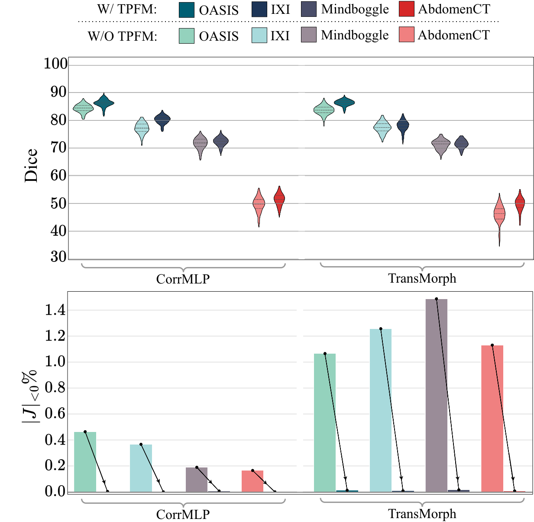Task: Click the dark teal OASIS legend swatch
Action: (x=186, y=10)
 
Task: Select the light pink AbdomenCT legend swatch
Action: (x=406, y=35)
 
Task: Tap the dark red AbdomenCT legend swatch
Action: (x=406, y=9)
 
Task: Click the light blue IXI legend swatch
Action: (x=259, y=35)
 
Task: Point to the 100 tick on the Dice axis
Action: (x=56, y=64)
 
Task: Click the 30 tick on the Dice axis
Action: (x=58, y=257)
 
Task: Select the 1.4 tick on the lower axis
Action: (x=55, y=310)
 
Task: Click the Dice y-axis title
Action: (x=31, y=165)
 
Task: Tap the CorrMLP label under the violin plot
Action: (x=183, y=279)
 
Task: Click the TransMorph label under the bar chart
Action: (x=422, y=513)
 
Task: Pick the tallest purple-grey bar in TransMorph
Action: (x=436, y=395)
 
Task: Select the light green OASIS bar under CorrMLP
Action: (x=85, y=462)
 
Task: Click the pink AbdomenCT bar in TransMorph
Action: (x=492, y=419)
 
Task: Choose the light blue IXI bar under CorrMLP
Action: (x=141, y=468)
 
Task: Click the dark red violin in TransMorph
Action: (x=520, y=207)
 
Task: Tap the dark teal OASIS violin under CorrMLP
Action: (x=104, y=104)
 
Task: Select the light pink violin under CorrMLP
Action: (x=259, y=207)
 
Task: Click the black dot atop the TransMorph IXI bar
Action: (x=381, y=329)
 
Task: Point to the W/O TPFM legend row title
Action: (x=122, y=36)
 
